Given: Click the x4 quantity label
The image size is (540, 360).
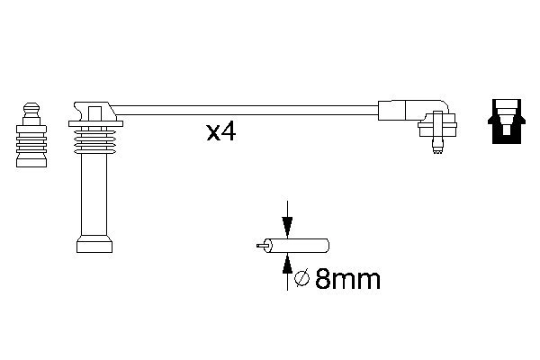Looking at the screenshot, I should [x=220, y=132].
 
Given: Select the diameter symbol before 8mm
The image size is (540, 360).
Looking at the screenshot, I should [x=302, y=280].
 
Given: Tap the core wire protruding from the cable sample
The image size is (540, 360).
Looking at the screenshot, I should [x=263, y=244].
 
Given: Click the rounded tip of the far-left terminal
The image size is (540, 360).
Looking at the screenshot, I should [x=31, y=106].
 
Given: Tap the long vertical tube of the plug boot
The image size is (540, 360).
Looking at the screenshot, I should [x=94, y=198].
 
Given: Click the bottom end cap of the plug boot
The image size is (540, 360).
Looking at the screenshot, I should [x=94, y=244].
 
